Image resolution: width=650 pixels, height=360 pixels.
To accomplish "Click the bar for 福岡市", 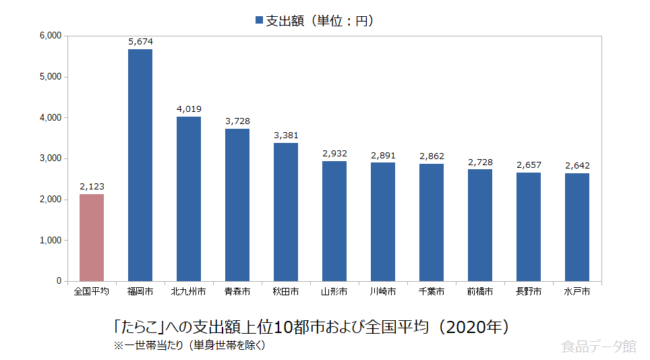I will pyautogui.click(x=140, y=165).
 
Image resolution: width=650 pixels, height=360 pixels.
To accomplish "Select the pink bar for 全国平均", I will pyautogui.click(x=92, y=237).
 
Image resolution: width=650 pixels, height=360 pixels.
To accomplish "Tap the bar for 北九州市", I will pyautogui.click(x=189, y=199).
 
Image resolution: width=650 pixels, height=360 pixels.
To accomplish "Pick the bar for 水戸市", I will pyautogui.click(x=577, y=227).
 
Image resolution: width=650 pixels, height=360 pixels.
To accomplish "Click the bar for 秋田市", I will pyautogui.click(x=286, y=212).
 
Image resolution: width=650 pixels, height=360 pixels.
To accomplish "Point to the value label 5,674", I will pyautogui.click(x=140, y=42).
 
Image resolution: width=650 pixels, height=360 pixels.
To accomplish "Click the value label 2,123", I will pyautogui.click(x=92, y=187).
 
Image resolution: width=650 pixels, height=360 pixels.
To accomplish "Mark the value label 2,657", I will pyautogui.click(x=529, y=165).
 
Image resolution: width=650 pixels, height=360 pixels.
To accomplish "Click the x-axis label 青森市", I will pyautogui.click(x=237, y=292).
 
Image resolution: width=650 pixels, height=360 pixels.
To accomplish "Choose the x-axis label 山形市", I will pyautogui.click(x=334, y=292).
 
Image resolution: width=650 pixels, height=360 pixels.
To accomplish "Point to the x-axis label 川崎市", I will pyautogui.click(x=383, y=292).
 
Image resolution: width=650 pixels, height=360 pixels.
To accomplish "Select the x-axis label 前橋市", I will pyautogui.click(x=480, y=292).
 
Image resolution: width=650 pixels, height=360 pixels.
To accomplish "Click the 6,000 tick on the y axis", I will pyautogui.click(x=51, y=36).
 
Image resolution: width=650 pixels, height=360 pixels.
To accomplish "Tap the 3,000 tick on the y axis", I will pyautogui.click(x=51, y=158).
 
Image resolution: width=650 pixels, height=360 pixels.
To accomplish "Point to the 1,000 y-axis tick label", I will pyautogui.click(x=51, y=240).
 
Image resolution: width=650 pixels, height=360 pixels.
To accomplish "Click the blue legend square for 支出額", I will pyautogui.click(x=260, y=21).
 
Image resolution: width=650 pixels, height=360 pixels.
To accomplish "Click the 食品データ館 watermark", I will pyautogui.click(x=598, y=347).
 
